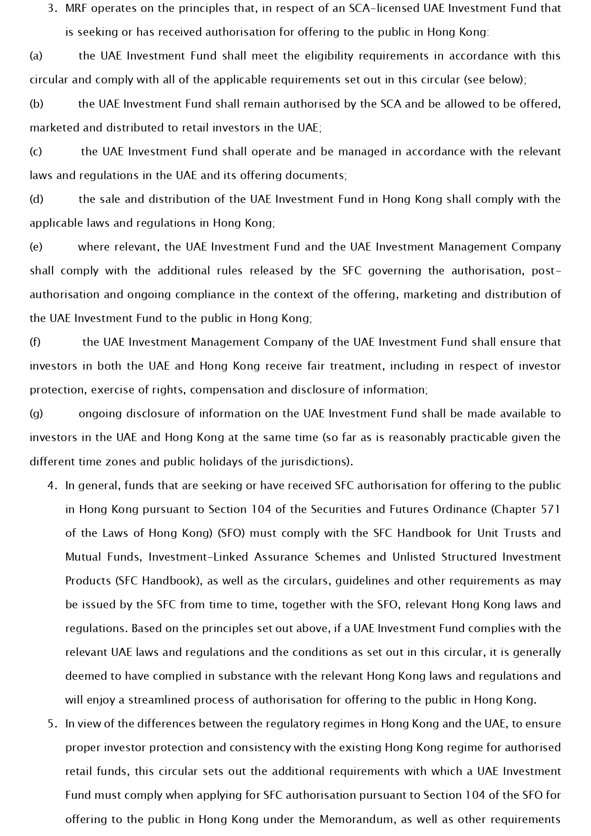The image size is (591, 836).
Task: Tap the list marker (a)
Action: coord(36,56)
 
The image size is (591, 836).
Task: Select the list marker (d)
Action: coord(36,199)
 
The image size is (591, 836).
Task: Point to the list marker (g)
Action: coord(36,413)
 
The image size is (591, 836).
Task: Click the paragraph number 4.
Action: coord(53,485)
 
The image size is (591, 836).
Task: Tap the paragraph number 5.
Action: coord(53,724)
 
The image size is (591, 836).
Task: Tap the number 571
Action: coord(551,509)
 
